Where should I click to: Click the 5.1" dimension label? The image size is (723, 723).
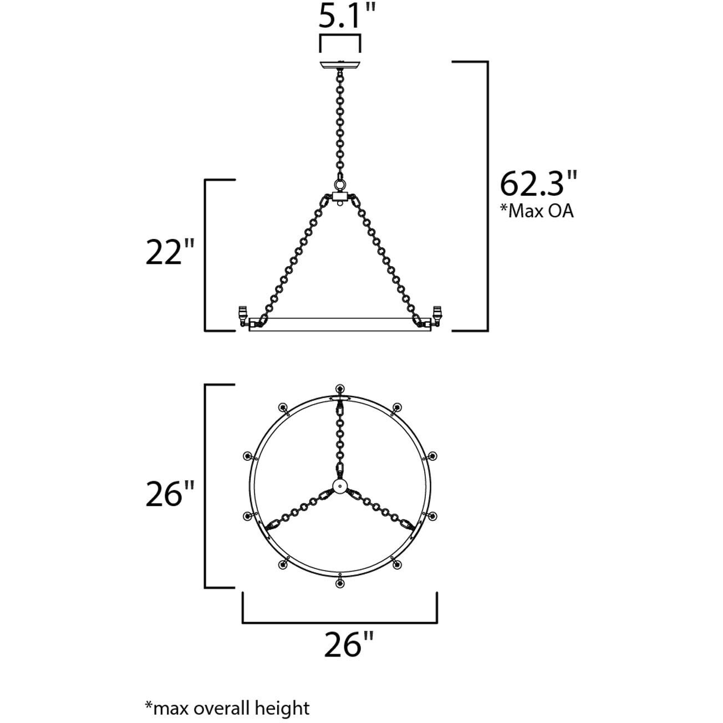click(x=340, y=17)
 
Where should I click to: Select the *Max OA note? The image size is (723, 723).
click(x=537, y=211)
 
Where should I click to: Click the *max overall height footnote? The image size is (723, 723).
click(x=227, y=693)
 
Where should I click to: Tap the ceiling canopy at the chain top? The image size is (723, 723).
click(x=339, y=64)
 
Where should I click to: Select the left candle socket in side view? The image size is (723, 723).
click(x=242, y=314)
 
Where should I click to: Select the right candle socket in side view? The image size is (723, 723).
click(x=437, y=314)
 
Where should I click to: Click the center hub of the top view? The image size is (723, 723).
click(x=339, y=486)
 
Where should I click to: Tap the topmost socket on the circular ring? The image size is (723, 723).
click(x=339, y=389)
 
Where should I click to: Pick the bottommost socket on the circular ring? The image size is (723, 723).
click(x=339, y=583)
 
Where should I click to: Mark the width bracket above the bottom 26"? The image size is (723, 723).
click(x=340, y=622)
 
